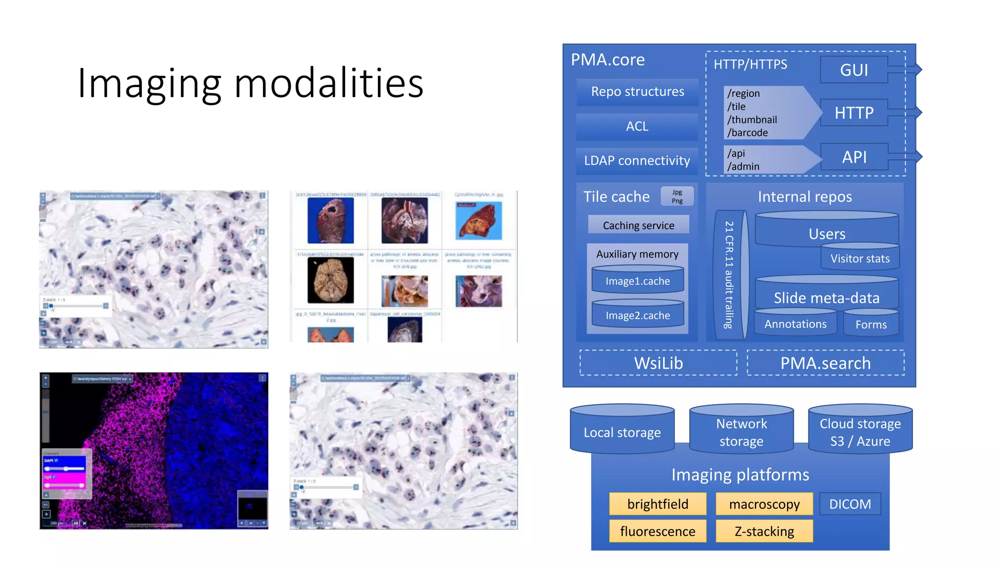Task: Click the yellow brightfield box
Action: [657, 504]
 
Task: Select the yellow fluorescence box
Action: [657, 531]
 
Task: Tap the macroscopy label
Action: [764, 504]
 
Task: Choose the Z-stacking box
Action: [764, 531]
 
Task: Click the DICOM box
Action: [850, 504]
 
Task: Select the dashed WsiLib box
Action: [658, 363]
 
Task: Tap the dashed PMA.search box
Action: [825, 363]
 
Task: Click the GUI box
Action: [854, 70]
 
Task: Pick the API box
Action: [854, 157]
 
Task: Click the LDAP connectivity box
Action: [637, 161]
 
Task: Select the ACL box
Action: [637, 127]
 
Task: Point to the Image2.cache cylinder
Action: [637, 315]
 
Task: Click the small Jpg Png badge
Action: [677, 196]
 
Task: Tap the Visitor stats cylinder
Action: [860, 259]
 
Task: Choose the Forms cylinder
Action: [870, 325]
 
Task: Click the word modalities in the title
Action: [328, 83]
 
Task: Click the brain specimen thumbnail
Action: [330, 281]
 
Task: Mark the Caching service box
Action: [638, 225]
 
